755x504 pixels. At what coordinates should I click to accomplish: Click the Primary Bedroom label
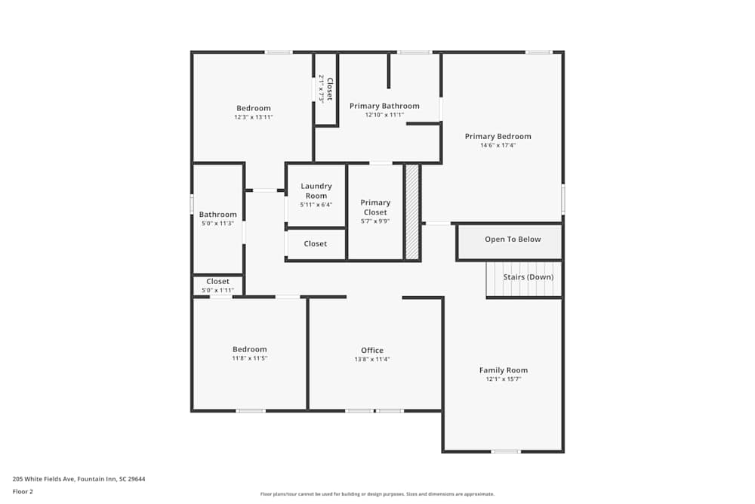498,137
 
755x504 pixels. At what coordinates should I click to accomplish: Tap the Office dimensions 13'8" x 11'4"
372,360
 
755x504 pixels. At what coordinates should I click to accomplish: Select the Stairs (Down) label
528,277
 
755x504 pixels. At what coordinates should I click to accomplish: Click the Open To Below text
513,240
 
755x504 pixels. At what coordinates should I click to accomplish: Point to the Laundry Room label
316,191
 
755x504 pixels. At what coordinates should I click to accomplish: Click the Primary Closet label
375,207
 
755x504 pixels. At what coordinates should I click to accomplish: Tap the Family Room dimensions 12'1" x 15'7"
504,379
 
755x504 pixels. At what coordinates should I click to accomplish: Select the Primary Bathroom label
384,107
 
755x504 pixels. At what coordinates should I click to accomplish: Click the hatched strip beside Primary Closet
412,212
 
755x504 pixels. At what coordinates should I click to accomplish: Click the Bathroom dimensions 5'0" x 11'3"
217,224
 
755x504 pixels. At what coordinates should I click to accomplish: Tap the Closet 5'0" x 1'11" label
217,282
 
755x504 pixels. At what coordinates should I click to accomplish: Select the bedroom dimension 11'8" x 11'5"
249,358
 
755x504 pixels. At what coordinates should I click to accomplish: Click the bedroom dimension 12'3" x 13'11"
253,117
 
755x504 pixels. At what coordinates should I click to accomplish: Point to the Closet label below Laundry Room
316,244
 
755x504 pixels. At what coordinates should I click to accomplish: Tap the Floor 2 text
23,491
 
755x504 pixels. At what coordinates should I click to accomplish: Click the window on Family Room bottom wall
505,452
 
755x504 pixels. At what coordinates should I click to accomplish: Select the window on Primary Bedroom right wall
562,199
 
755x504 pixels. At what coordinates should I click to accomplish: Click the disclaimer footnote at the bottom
377,493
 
